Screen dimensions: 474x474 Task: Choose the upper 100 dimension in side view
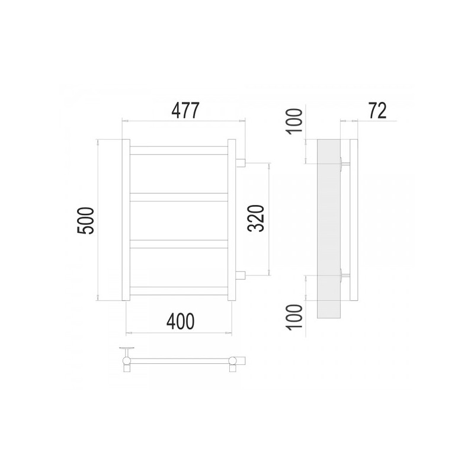[x=297, y=121]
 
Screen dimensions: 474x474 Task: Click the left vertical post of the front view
[x=126, y=220]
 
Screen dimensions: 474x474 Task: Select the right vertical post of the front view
[x=232, y=220]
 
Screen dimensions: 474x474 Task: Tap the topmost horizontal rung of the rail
[x=178, y=150]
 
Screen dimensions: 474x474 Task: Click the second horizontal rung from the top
[x=178, y=197]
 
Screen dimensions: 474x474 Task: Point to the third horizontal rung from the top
[x=178, y=243]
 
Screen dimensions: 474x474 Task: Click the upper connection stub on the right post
[x=241, y=162]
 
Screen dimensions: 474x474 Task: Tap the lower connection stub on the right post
[x=241, y=275]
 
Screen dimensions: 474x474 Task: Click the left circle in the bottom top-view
[x=126, y=360]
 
